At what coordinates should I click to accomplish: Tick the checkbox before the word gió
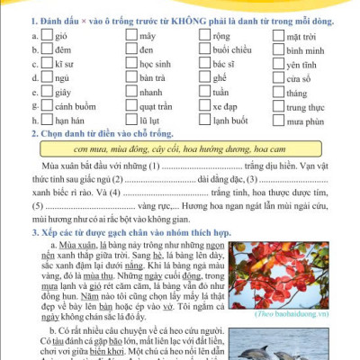coord(49,35)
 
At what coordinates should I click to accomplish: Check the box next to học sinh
coord(131,64)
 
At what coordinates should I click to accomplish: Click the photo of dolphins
coord(292,342)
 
